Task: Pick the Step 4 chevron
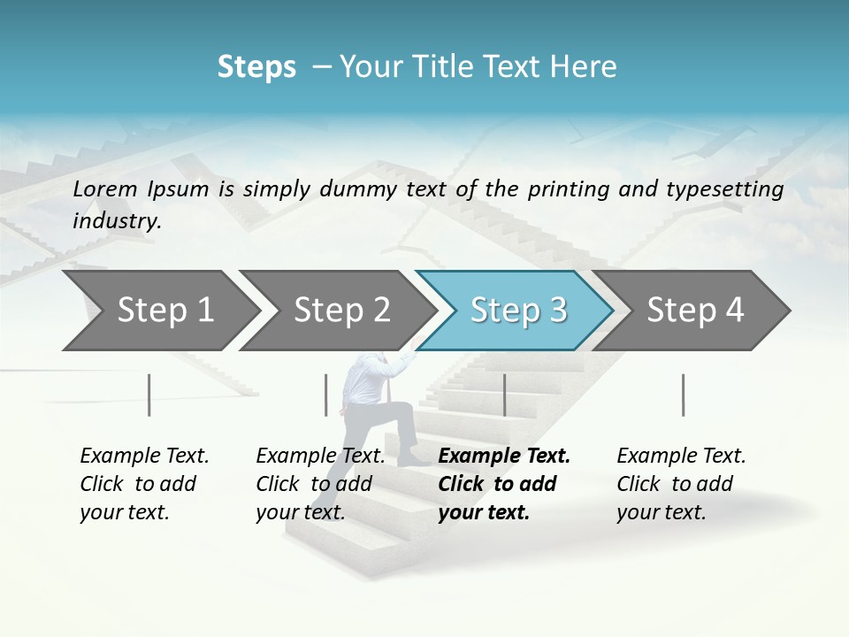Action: pyautogui.click(x=693, y=311)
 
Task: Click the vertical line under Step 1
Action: pyautogui.click(x=149, y=395)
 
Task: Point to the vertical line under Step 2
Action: pyautogui.click(x=326, y=395)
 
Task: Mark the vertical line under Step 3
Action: pyautogui.click(x=504, y=395)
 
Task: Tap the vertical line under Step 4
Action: pyautogui.click(x=684, y=395)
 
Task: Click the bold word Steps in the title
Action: pyautogui.click(x=256, y=67)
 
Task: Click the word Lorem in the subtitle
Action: pyautogui.click(x=104, y=188)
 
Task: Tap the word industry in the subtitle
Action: pyautogui.click(x=116, y=220)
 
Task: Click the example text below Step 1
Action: pyautogui.click(x=144, y=484)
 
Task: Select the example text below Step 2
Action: pyautogui.click(x=320, y=484)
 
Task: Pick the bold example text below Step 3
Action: pyautogui.click(x=503, y=484)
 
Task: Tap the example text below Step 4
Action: pyautogui.click(x=681, y=484)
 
